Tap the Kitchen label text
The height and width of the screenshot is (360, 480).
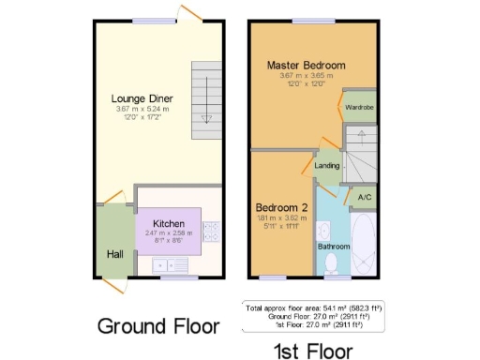click(x=169, y=223)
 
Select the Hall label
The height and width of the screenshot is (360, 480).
click(x=113, y=253)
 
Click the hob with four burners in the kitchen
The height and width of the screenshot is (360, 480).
click(x=210, y=231)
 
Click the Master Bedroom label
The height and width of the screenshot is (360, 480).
click(x=306, y=65)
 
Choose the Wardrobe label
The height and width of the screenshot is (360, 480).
click(x=359, y=107)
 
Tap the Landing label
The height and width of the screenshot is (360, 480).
click(x=328, y=166)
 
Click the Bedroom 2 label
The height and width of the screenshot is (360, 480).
click(x=281, y=206)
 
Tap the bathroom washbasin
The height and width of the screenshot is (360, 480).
click(x=322, y=230)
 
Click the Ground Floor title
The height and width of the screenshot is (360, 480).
click(x=158, y=326)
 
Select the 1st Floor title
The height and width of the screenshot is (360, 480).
click(x=312, y=351)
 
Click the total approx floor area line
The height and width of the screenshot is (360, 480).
click(x=314, y=307)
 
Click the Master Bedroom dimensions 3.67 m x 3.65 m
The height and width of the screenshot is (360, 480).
click(x=306, y=75)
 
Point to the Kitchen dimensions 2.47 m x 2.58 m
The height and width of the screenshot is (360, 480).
click(x=169, y=232)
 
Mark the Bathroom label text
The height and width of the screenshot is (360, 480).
click(x=333, y=247)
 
